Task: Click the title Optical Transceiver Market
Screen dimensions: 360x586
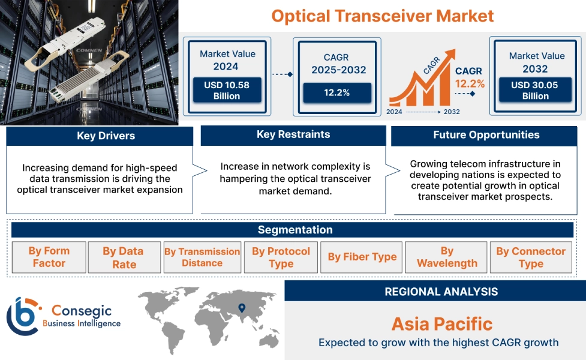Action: (383, 16)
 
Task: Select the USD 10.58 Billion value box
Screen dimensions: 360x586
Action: (226, 91)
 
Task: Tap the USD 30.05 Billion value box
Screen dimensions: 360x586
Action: (534, 91)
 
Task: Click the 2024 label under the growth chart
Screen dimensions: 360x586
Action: (394, 112)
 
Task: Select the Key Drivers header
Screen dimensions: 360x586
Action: (100, 136)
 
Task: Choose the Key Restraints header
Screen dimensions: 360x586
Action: (293, 135)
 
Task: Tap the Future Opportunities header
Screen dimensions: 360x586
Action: (486, 135)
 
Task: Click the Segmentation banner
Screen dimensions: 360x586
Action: (294, 230)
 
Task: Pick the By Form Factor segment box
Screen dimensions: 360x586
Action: (49, 257)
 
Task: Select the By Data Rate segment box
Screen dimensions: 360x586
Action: (124, 257)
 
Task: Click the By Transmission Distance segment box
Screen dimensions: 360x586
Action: (202, 257)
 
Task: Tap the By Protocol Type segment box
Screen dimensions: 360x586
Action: (281, 257)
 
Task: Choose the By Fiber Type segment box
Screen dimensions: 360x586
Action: (362, 257)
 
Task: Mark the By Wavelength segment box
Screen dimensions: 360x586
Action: (447, 257)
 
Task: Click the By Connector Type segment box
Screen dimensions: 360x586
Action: (531, 257)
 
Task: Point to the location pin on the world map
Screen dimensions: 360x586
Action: (241, 308)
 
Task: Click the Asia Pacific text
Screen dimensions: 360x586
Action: (441, 325)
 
